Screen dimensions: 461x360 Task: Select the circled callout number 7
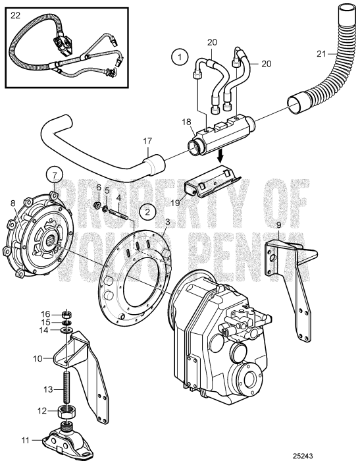(55, 175)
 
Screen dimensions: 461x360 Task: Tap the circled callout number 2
(148, 211)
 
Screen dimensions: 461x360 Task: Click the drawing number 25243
(340, 454)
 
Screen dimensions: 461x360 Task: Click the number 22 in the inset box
(14, 13)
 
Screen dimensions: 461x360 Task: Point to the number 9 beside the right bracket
(279, 226)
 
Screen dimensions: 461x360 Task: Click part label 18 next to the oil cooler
(186, 122)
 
